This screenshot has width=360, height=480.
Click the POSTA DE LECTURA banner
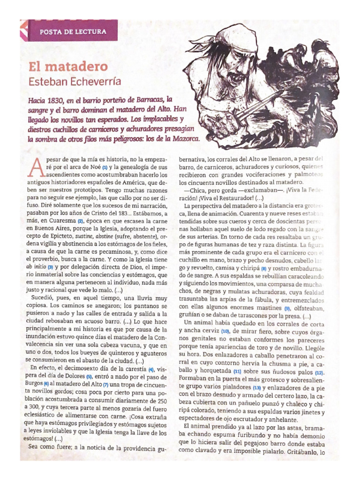[x=72, y=32]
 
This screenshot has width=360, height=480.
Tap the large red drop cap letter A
[x=39, y=165]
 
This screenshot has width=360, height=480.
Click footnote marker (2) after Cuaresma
[x=80, y=221]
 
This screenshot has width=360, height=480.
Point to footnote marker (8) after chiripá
[x=263, y=269]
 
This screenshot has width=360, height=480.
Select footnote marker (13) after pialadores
[x=256, y=388]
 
